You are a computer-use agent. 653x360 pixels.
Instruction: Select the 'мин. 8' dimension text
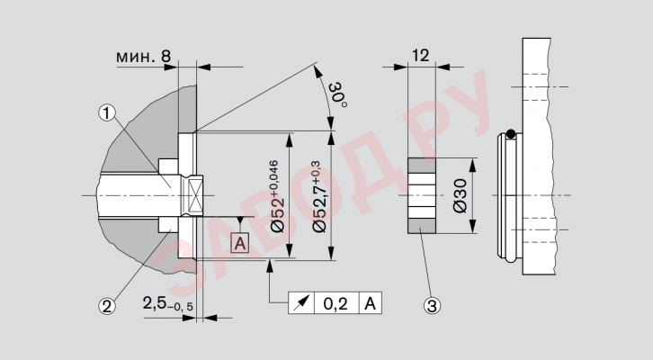[144, 56]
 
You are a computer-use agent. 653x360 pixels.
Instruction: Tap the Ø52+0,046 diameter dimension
[273, 196]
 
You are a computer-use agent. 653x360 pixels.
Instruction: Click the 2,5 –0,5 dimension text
[168, 305]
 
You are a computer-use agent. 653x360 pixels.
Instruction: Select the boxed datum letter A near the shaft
[239, 242]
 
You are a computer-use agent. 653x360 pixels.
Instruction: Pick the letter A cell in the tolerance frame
[371, 304]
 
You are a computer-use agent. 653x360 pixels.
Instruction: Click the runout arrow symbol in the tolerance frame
[300, 304]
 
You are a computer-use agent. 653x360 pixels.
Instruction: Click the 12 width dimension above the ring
[420, 56]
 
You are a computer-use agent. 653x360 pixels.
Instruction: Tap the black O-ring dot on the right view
[511, 135]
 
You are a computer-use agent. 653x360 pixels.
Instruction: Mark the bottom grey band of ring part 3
[422, 225]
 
